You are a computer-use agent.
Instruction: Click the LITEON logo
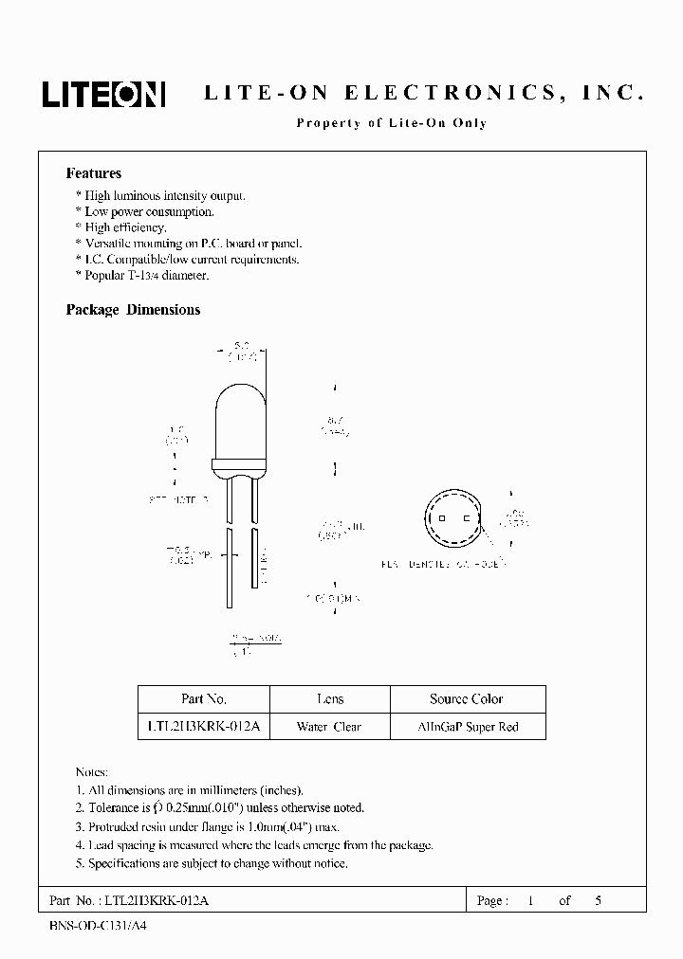(103, 94)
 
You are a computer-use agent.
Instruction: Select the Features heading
(93, 173)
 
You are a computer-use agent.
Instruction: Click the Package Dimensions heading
(133, 310)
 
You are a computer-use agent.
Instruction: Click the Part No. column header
(203, 699)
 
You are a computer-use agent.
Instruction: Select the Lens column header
(330, 699)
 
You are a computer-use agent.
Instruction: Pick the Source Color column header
(467, 699)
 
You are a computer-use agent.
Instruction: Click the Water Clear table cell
(329, 728)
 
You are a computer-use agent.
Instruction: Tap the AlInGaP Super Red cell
(469, 728)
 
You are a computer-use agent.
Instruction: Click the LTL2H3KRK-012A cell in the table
(204, 728)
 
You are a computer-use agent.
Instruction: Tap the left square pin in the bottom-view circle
(441, 518)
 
